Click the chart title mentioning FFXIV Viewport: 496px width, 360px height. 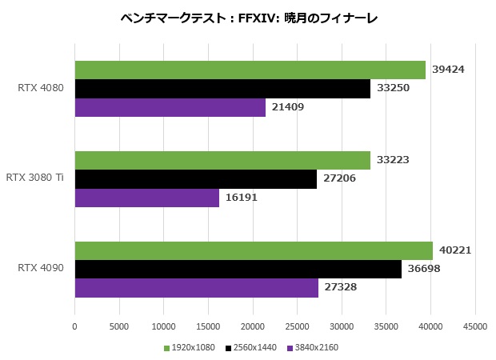248,18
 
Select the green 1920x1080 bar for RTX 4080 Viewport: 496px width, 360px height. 250,70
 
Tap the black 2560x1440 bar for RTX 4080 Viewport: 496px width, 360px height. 222,88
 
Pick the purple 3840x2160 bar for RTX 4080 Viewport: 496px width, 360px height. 170,106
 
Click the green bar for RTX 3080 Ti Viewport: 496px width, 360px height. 222,160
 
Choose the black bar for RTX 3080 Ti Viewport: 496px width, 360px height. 195,178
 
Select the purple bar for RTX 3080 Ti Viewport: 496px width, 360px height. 146,197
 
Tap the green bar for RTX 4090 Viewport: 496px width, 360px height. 254,250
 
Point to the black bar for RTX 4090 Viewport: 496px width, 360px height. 238,269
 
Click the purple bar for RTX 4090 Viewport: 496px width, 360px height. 196,287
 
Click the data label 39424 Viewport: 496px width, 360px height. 448,70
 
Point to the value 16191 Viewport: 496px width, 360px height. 242,197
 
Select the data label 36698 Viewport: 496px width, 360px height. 424,269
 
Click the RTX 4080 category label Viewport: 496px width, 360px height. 40,88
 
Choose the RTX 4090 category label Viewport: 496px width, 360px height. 40,269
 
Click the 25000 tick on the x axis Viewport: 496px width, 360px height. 297,326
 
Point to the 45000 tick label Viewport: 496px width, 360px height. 475,326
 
